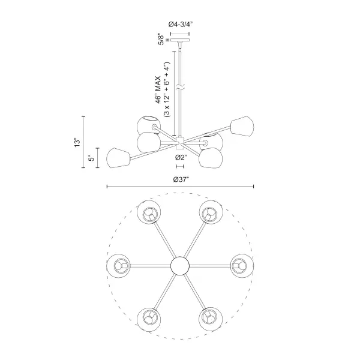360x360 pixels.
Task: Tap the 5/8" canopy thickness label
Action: [161, 40]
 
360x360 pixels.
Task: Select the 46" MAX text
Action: [158, 90]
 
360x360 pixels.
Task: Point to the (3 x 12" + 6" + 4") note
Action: [166, 90]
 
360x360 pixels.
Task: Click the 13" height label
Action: [77, 143]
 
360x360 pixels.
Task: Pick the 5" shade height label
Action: [91, 158]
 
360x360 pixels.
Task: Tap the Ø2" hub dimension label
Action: [181, 157]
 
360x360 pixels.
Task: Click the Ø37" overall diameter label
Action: [181, 179]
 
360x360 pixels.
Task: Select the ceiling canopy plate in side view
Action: [180, 40]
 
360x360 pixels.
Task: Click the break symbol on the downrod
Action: [180, 88]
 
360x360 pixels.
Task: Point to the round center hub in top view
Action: [180, 266]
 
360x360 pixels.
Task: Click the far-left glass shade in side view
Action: [118, 158]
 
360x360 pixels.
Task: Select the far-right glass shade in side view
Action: [242, 127]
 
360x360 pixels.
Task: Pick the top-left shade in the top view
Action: [149, 212]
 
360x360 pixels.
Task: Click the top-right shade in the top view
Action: [211, 212]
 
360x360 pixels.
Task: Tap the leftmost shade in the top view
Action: [118, 266]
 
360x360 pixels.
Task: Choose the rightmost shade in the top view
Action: [242, 266]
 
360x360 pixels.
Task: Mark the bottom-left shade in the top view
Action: [149, 320]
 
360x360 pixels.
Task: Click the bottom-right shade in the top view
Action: [211, 320]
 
